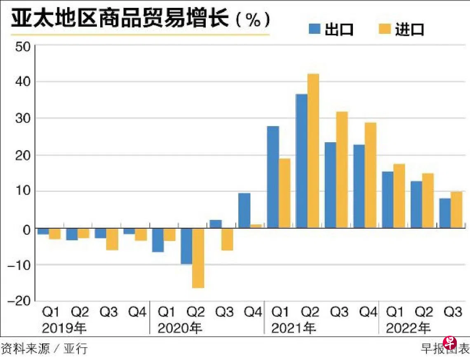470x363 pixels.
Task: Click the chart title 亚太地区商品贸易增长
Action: click(x=120, y=19)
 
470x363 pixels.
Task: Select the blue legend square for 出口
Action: click(x=315, y=29)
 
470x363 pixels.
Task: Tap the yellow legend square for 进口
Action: click(x=385, y=29)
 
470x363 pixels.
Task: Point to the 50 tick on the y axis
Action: click(x=23, y=47)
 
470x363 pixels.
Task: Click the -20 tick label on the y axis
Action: click(x=19, y=301)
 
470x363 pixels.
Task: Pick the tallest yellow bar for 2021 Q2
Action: click(x=313, y=151)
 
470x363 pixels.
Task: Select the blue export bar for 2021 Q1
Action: click(x=273, y=177)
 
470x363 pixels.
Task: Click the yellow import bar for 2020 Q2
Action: click(x=198, y=258)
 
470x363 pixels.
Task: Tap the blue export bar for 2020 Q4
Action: click(x=244, y=210)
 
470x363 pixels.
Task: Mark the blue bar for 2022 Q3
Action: click(x=445, y=213)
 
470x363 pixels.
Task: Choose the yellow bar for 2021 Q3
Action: click(x=342, y=170)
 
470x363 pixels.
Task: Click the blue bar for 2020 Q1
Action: click(x=158, y=240)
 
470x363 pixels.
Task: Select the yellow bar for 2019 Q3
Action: click(x=112, y=239)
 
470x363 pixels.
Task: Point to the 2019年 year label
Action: click(x=64, y=328)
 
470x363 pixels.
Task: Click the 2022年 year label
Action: click(x=408, y=328)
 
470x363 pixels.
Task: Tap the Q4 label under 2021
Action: click(x=369, y=312)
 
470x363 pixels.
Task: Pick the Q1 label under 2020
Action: click(x=167, y=312)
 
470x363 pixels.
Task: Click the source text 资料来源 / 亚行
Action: click(x=45, y=349)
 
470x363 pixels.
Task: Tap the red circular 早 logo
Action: click(x=450, y=343)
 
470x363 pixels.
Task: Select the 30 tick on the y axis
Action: click(x=23, y=118)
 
